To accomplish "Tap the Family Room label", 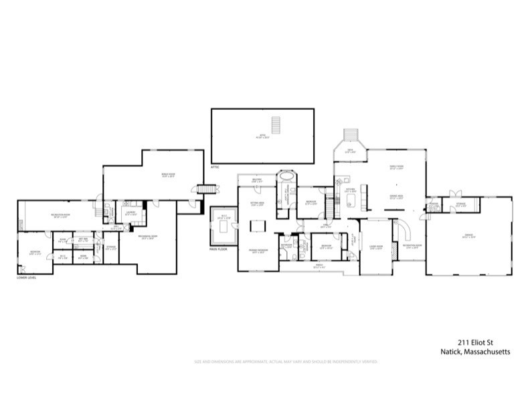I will pos(397,167).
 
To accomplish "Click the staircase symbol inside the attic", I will pos(274,125).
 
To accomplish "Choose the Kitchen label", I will pos(350,190).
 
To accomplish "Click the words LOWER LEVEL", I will pos(25,277).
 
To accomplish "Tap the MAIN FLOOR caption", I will pos(219,249).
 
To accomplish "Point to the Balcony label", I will pos(256,180).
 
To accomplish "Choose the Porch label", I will pos(319,265).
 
